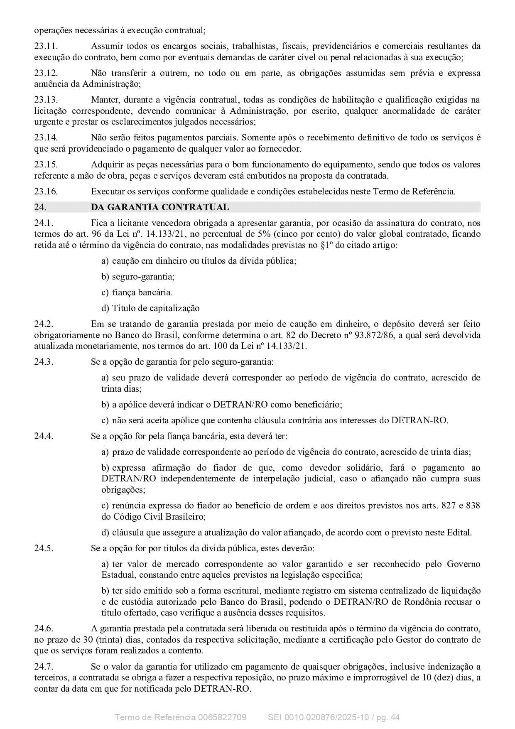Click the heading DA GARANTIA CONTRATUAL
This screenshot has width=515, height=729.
click(x=159, y=207)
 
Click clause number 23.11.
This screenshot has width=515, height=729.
click(x=46, y=46)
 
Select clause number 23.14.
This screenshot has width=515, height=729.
click(x=46, y=137)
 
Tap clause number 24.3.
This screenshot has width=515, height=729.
click(x=44, y=362)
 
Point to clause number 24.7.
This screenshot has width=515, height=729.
click(x=44, y=667)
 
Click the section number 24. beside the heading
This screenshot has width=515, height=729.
click(x=40, y=207)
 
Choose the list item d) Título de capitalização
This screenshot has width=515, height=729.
click(x=150, y=308)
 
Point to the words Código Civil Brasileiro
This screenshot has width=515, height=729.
click(x=159, y=517)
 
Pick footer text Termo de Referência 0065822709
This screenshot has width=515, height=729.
click(x=180, y=717)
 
